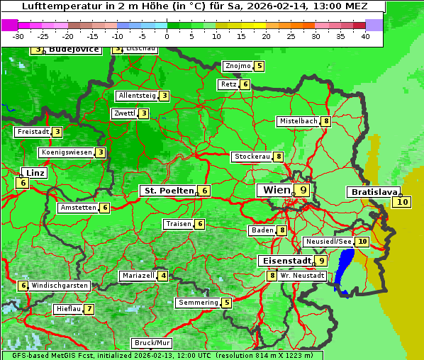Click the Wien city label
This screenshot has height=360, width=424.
277,190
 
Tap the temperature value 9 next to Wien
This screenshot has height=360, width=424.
303,190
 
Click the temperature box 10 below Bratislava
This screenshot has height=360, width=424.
403,202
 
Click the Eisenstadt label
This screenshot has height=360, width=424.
284,261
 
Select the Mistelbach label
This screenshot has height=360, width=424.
299,121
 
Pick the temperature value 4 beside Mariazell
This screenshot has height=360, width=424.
163,276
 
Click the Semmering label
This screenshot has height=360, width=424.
199,303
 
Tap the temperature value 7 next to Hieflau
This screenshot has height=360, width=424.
89,310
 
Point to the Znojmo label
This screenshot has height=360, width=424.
238,66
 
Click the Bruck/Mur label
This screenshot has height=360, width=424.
152,343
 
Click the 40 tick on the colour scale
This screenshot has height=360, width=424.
365,36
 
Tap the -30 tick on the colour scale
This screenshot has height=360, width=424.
18,36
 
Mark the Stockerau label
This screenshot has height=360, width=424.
252,157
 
